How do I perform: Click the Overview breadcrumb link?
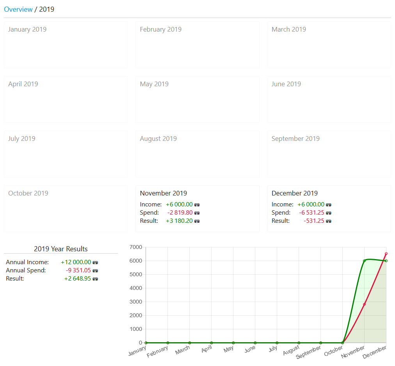18,9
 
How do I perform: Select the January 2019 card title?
27,29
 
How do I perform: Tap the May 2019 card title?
154,84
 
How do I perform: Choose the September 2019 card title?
295,139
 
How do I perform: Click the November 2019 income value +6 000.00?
179,204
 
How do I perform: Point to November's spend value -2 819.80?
180,213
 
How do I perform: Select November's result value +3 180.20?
179,221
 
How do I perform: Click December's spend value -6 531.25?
312,213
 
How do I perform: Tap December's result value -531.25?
314,221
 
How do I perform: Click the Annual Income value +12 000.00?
76,262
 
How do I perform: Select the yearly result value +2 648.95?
78,279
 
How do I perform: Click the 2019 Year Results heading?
61,249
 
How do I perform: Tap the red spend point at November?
364,304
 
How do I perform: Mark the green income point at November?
364,261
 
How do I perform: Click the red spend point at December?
386,254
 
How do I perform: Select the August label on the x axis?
291,350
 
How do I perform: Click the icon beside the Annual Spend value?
95,270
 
